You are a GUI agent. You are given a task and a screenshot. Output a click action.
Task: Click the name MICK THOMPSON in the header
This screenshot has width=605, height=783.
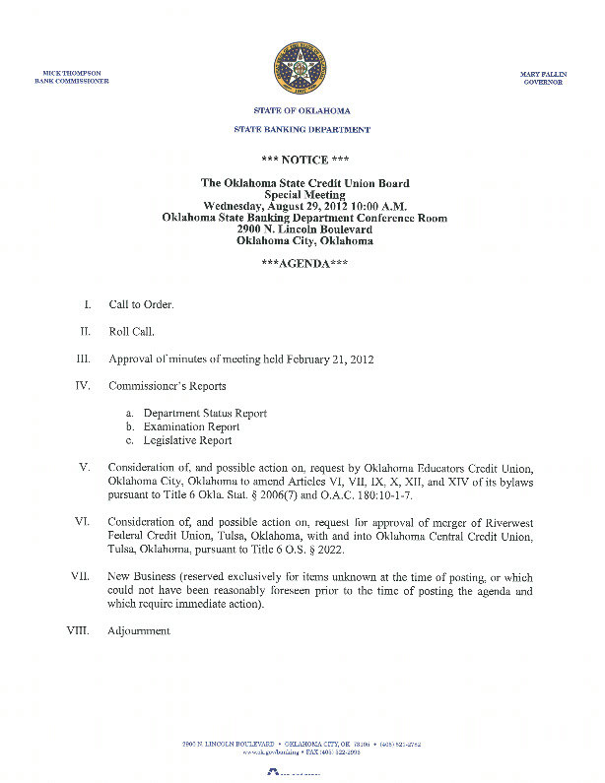coord(72,73)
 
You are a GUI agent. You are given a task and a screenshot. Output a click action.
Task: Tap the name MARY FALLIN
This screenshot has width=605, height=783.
coord(541,74)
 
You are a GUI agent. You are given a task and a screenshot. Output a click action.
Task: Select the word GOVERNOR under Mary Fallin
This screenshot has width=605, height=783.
coord(543,82)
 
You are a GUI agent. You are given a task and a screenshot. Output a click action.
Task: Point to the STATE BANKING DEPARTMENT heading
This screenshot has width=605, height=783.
coord(302,130)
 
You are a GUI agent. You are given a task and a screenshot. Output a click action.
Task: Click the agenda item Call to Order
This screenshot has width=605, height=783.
coord(141,305)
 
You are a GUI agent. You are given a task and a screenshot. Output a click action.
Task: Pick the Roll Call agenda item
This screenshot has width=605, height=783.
coord(131,332)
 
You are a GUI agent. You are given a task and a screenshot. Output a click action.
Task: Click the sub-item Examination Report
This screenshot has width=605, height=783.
coord(191,426)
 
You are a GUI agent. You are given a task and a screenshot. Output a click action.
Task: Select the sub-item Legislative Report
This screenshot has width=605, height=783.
coord(187,440)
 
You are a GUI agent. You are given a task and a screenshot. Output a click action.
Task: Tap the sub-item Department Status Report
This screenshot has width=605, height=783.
coord(205,413)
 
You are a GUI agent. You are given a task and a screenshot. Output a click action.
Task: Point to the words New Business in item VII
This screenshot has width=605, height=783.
coord(140,576)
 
